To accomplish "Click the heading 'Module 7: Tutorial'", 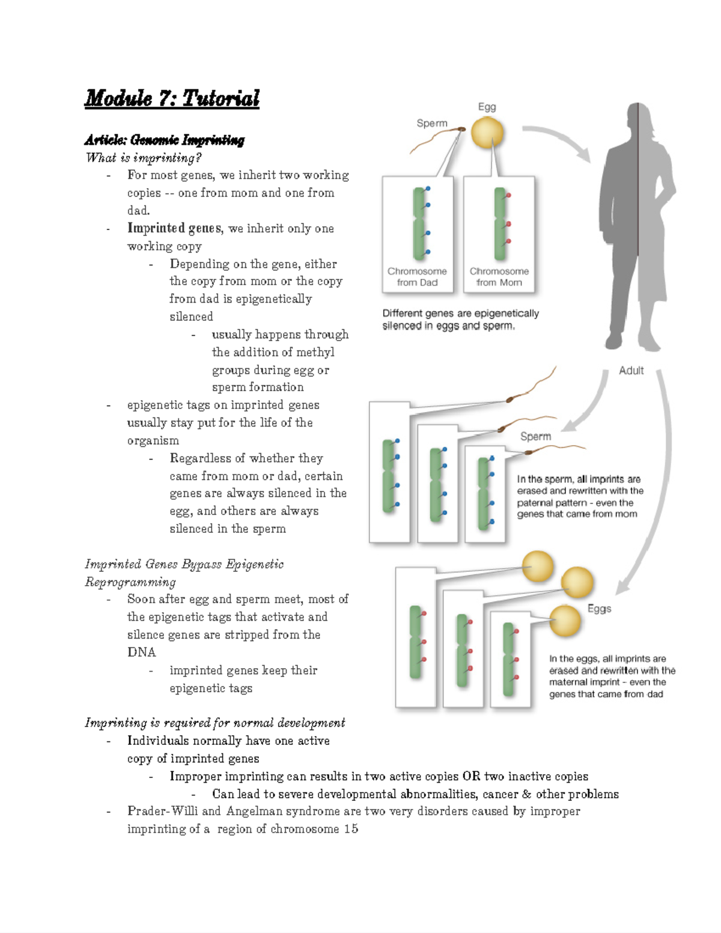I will tap(172, 98).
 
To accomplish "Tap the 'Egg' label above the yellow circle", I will tap(487, 107).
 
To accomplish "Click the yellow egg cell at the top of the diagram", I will tap(487, 133).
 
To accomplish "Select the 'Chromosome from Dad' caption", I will tap(417, 277).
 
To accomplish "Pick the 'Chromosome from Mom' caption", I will tap(499, 277).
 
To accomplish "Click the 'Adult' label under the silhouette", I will tap(631, 371).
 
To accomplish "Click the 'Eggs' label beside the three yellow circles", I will tap(599, 609).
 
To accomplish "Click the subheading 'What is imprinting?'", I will tap(144, 158).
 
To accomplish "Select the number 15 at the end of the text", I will tap(351, 829).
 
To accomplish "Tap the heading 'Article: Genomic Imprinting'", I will tap(165, 141).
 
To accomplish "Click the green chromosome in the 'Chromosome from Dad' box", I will tap(419, 223).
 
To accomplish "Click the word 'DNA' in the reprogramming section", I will tap(141, 652).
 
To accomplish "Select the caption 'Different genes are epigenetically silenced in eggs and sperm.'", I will tap(460, 320).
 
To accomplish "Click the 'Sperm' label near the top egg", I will tap(432, 123).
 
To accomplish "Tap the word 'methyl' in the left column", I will tap(315, 352).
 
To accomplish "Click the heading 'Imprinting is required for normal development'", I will tap(215, 723).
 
